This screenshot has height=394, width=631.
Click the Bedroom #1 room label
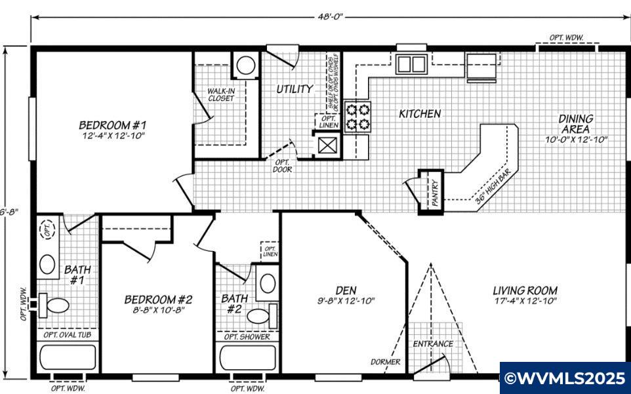tap(112, 124)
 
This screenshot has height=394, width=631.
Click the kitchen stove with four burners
tap(357, 116)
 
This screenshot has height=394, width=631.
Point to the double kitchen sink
tap(411, 64)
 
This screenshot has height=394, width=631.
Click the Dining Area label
tap(576, 123)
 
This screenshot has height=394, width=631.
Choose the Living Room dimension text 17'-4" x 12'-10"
tap(525, 302)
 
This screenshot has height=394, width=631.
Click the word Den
tap(345, 290)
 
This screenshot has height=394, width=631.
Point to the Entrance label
tap(432, 344)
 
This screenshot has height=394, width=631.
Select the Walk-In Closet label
tap(221, 94)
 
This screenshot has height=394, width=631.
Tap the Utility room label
tap(293, 89)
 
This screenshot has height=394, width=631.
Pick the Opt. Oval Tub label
tap(67, 335)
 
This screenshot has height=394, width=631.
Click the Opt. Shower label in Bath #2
tap(247, 336)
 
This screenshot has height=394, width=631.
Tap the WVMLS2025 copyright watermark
tap(564, 378)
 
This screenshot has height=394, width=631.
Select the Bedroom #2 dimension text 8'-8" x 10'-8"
tap(158, 310)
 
